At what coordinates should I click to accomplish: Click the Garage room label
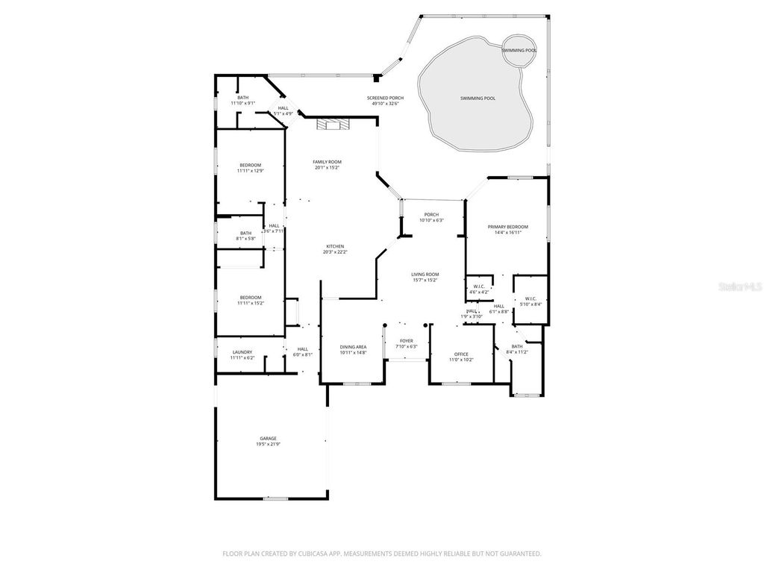click(x=268, y=438)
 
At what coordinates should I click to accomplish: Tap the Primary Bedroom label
click(x=507, y=227)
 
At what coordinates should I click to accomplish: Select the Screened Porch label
click(x=385, y=98)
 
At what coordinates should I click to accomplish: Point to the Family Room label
click(x=327, y=162)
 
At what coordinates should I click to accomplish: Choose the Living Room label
click(x=425, y=275)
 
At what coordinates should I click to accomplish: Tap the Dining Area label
click(x=353, y=347)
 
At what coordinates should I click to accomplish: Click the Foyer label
click(x=406, y=340)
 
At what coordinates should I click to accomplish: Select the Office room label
click(x=461, y=354)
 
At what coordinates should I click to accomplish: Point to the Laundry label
click(x=242, y=352)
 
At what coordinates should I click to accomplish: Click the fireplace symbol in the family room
click(x=331, y=125)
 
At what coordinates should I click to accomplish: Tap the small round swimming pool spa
click(x=519, y=50)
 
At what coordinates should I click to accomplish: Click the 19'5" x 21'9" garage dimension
click(x=268, y=445)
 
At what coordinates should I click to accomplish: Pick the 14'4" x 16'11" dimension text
click(x=507, y=233)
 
